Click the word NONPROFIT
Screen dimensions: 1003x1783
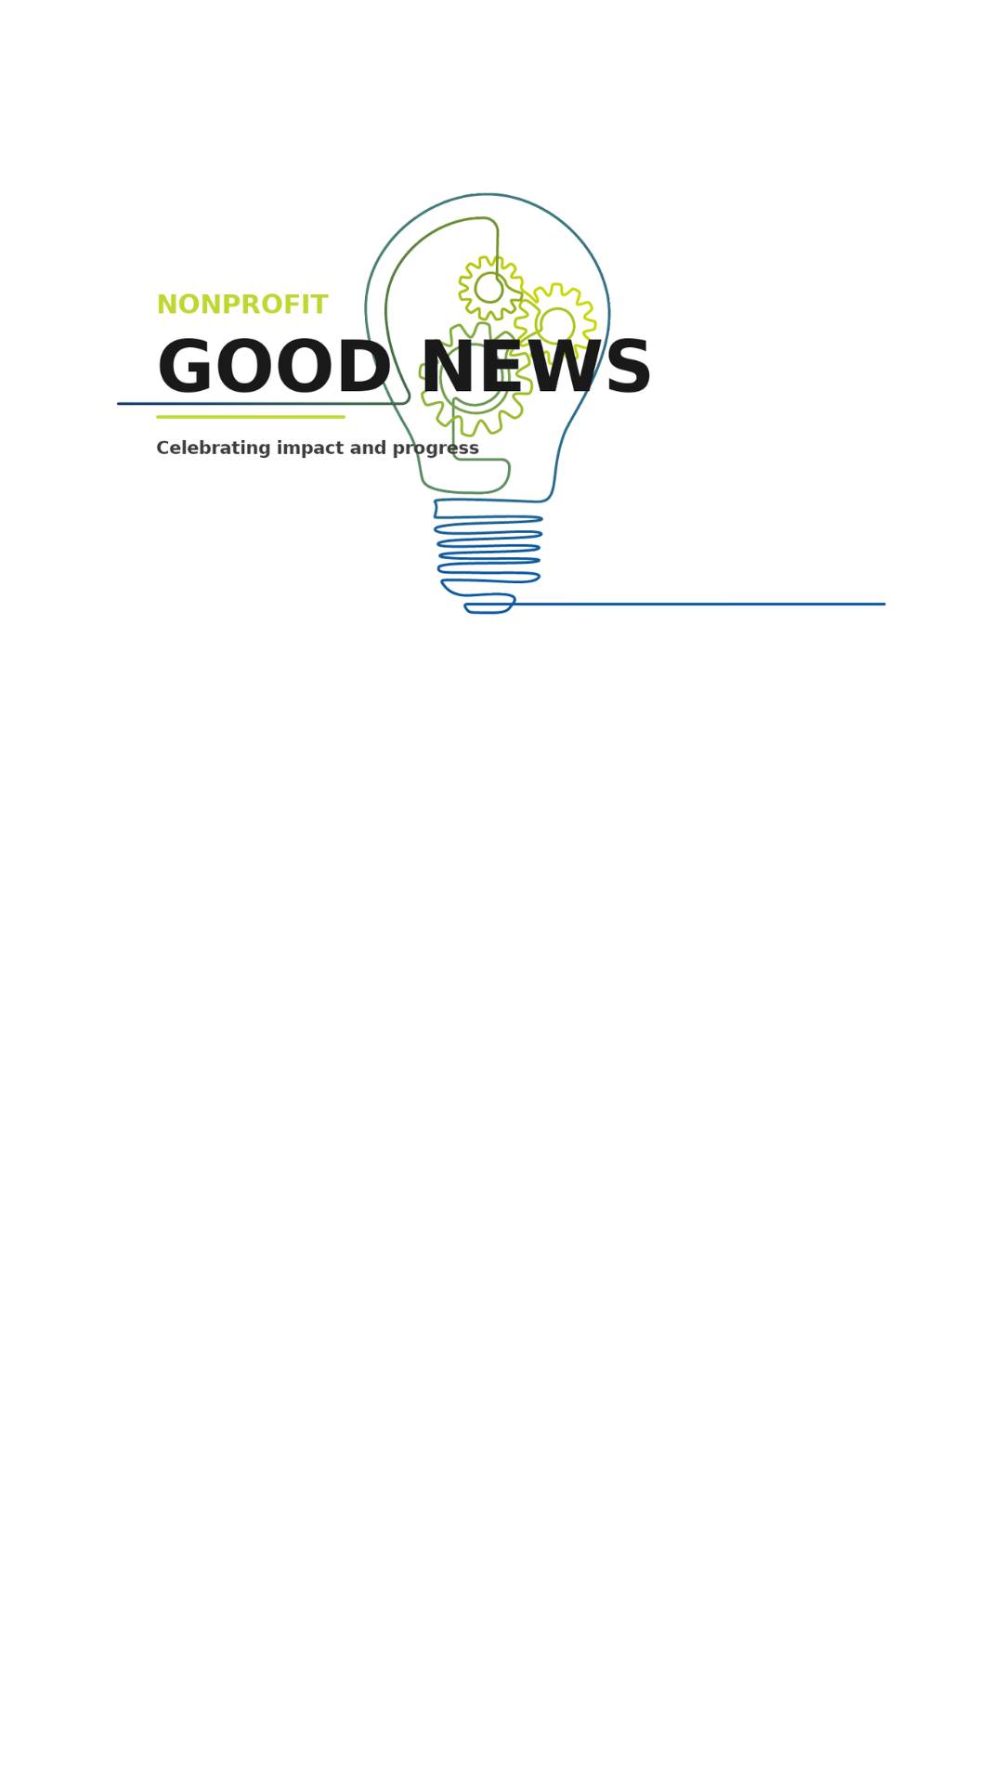click(x=242, y=306)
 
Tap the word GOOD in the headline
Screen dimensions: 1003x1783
click(x=274, y=369)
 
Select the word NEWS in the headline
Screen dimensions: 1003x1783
click(x=537, y=369)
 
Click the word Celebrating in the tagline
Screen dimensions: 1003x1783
click(x=214, y=449)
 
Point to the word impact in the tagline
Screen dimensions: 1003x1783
click(x=310, y=449)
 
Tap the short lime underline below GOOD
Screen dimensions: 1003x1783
click(x=251, y=417)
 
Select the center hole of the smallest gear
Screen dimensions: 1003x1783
click(x=489, y=288)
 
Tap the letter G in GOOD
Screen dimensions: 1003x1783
click(x=185, y=369)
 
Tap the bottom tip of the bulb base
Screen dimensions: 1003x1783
click(x=488, y=613)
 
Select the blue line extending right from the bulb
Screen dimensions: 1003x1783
click(x=698, y=605)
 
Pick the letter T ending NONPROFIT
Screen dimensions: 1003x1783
click(x=319, y=306)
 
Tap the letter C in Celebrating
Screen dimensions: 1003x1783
click(x=163, y=449)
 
